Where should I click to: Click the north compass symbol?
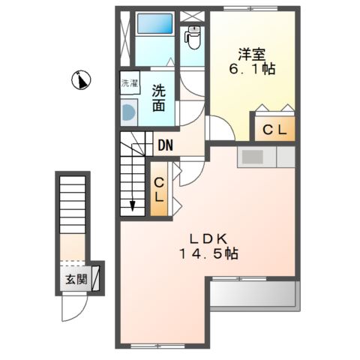point(81,80)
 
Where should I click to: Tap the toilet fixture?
point(193,37)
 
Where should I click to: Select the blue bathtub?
point(154,23)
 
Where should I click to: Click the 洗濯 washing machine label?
point(130,83)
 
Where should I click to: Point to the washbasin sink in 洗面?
point(129,112)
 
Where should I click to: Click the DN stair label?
point(166,145)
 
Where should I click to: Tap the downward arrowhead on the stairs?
point(132,205)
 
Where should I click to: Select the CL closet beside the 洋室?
point(274,129)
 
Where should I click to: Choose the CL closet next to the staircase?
point(159,189)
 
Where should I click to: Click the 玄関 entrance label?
point(76,279)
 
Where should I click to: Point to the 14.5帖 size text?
point(208,254)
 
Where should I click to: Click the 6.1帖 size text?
point(252,69)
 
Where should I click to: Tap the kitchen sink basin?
point(253,157)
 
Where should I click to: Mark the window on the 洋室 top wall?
point(250,8)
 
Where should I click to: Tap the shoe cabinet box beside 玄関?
point(95,278)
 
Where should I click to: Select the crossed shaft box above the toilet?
point(192,16)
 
